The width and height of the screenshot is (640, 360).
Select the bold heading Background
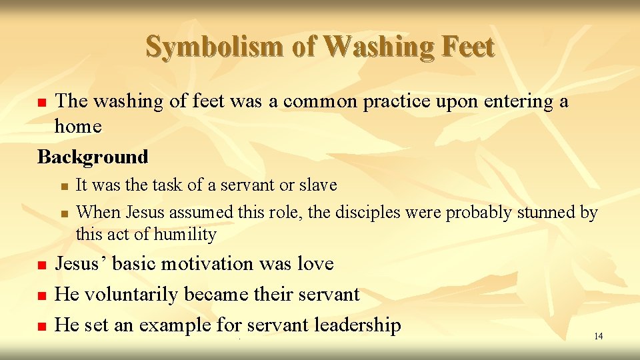93,157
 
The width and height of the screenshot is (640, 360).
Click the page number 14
598,336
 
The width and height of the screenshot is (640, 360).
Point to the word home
78,126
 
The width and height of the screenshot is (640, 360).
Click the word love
315,264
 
